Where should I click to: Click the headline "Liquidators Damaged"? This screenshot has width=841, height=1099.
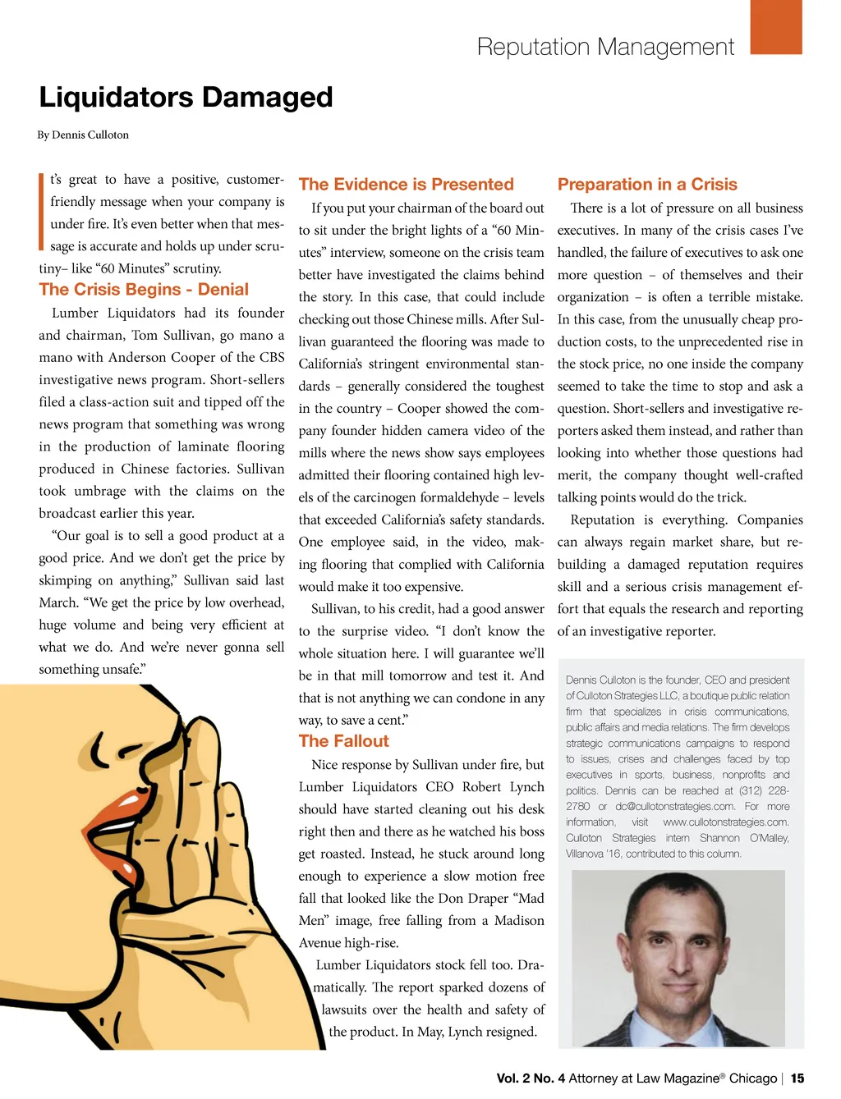(x=186, y=98)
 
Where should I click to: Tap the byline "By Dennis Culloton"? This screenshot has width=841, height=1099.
(x=83, y=135)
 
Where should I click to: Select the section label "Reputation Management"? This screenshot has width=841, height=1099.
(x=605, y=47)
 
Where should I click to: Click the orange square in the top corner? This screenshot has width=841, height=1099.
(x=775, y=26)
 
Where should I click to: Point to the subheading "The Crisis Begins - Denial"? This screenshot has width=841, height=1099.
(x=144, y=290)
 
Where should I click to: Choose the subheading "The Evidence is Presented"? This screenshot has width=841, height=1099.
(x=406, y=185)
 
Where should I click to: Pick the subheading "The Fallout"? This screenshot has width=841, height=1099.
(x=343, y=741)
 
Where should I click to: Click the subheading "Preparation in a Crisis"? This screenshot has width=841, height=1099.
(x=647, y=185)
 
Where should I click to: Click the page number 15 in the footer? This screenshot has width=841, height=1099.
(x=797, y=1078)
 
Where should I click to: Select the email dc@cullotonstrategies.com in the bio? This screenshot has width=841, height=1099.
(x=674, y=807)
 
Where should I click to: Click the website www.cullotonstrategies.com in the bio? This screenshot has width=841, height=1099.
(x=725, y=822)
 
